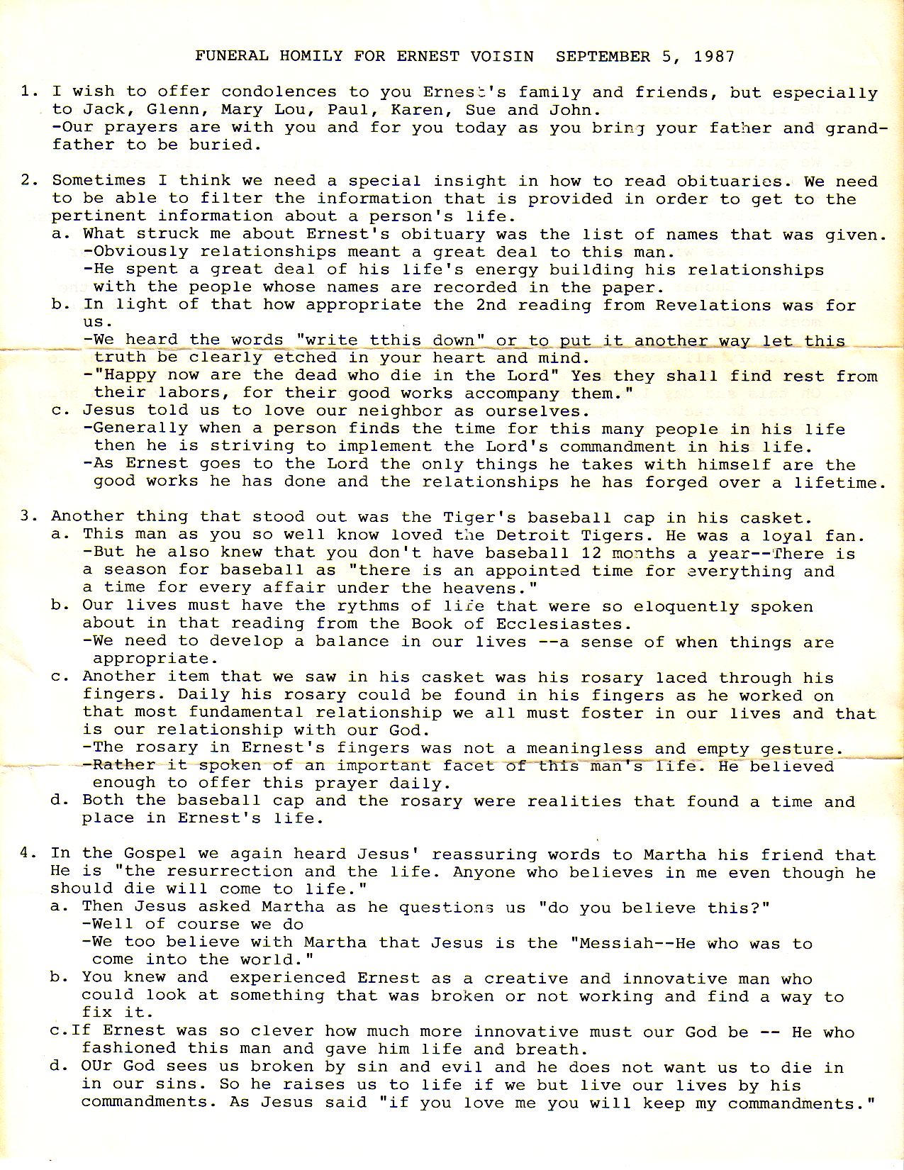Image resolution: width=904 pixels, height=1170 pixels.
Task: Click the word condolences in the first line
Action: (x=279, y=92)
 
